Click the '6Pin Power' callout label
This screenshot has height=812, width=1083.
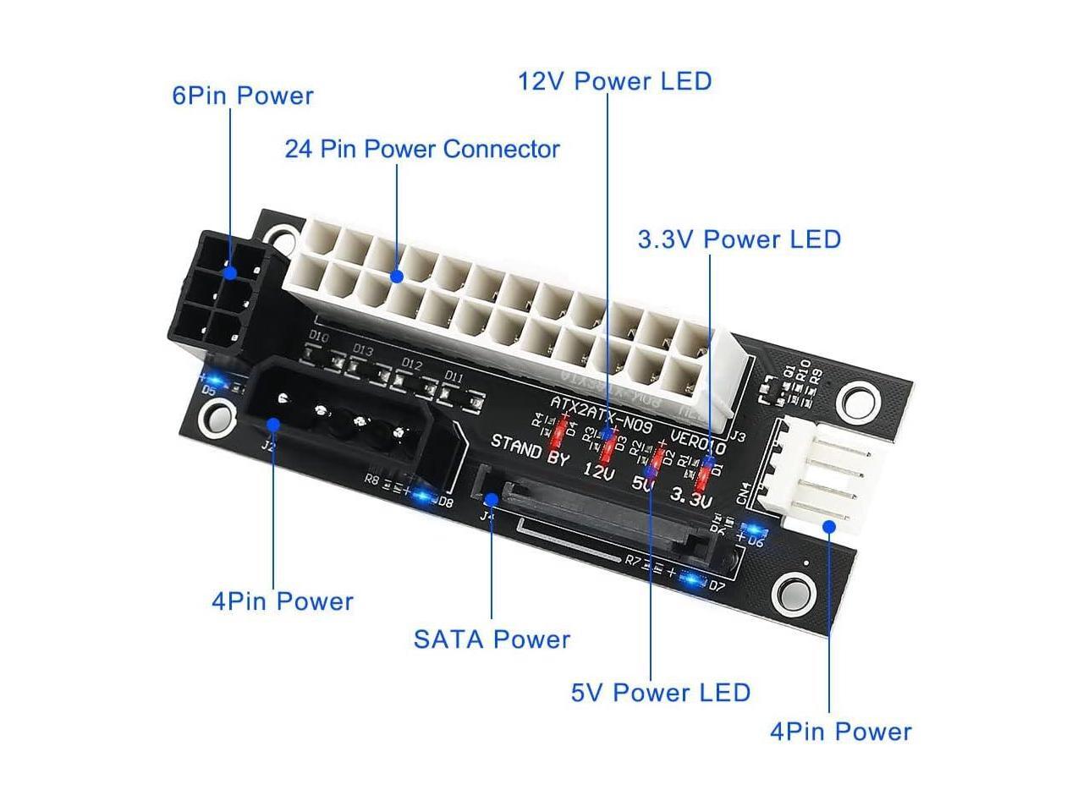click(x=243, y=96)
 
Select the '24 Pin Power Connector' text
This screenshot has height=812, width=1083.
click(x=422, y=150)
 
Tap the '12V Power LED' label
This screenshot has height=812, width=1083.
click(x=615, y=81)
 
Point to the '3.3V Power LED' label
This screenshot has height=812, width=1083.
click(x=739, y=239)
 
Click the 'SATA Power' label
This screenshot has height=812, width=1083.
click(x=492, y=639)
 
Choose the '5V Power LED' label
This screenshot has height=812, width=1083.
click(x=661, y=693)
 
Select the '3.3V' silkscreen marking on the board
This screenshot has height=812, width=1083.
click(x=691, y=496)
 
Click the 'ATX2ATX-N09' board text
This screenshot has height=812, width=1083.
click(x=601, y=415)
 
